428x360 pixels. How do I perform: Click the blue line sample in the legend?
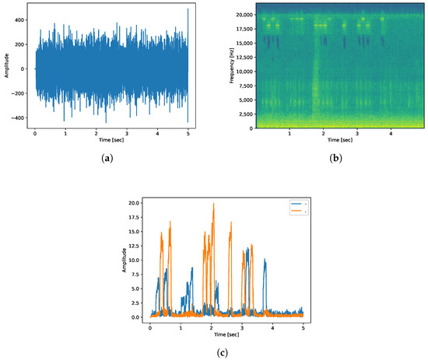(293, 205)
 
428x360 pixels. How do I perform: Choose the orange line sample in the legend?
(293, 211)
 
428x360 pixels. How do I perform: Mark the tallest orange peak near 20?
(213, 204)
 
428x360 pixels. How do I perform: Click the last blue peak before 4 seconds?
(265, 261)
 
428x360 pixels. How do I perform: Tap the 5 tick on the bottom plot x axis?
(303, 327)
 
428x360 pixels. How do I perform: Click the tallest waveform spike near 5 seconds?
(188, 10)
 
